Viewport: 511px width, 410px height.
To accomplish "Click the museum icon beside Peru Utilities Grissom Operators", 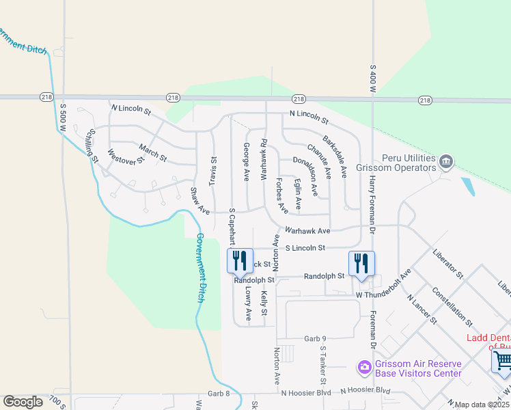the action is tap(446, 161).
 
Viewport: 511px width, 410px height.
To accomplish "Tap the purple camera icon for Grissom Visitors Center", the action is tap(364, 368).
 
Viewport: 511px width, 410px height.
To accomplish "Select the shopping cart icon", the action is tap(501, 360).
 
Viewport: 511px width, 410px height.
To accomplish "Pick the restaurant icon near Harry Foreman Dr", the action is tap(361, 263).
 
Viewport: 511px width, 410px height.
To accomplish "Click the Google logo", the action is tap(23, 402).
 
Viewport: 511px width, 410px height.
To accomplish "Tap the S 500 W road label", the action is tap(63, 117).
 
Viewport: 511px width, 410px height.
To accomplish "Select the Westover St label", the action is tap(126, 156).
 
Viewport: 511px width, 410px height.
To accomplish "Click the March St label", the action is tap(152, 152).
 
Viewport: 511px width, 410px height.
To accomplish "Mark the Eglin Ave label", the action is tap(298, 194).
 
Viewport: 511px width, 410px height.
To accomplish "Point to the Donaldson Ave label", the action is tap(305, 172).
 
